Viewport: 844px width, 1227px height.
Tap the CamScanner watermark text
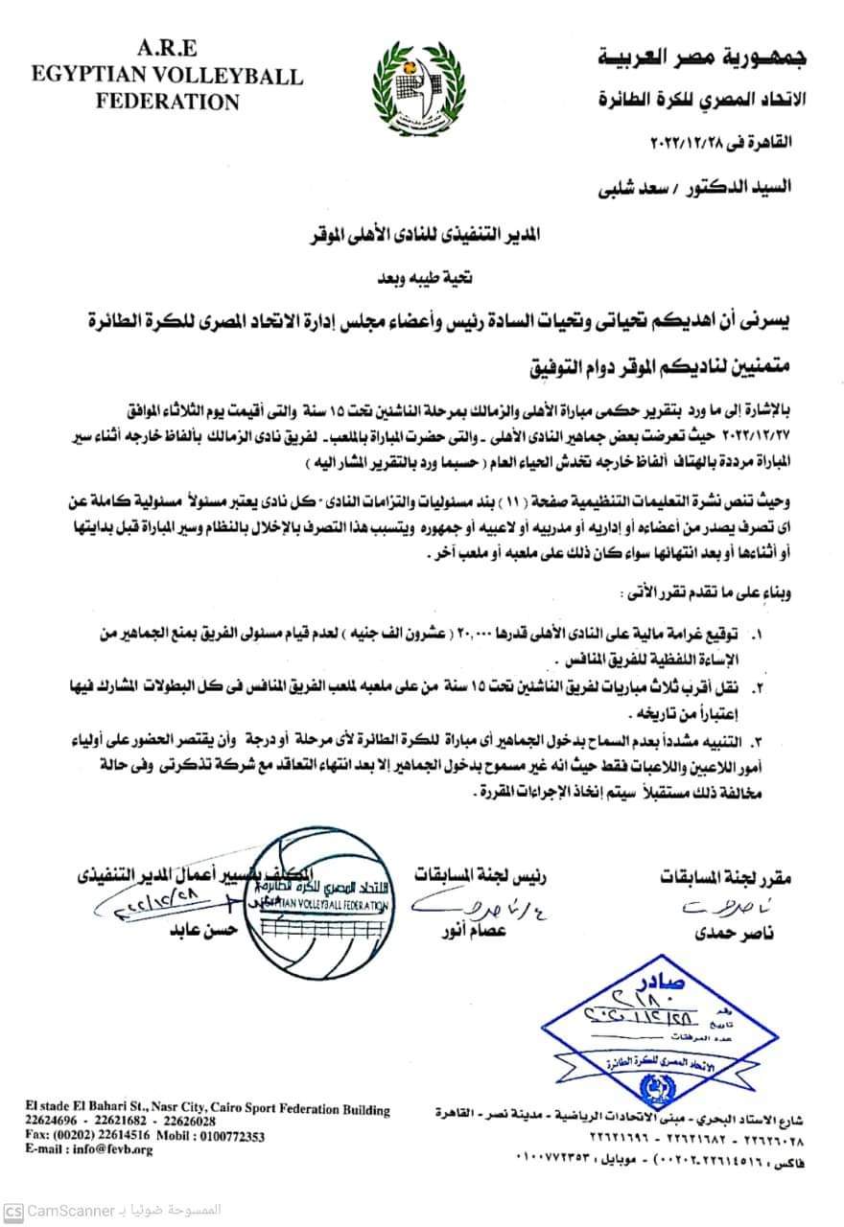(x=71, y=1210)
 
